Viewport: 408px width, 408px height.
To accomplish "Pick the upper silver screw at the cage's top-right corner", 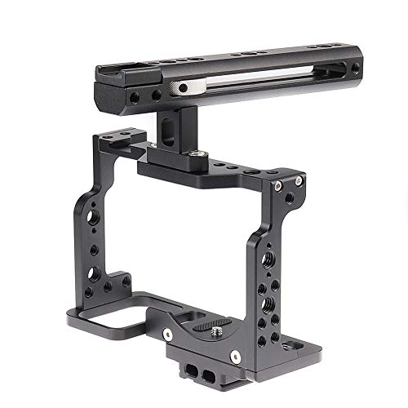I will click(300, 179).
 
